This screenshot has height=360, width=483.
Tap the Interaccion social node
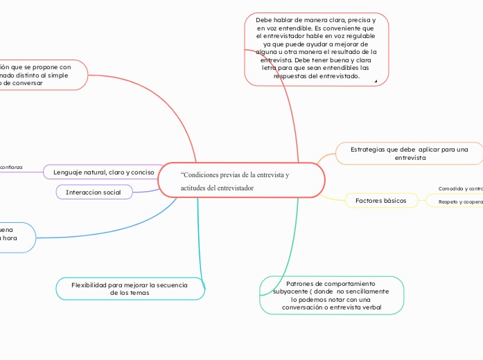[x=94, y=192]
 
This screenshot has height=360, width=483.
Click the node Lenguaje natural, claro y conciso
[x=103, y=172]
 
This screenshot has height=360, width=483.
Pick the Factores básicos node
[x=380, y=200]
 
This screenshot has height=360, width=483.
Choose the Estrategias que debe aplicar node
[x=409, y=153]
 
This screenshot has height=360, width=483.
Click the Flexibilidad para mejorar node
[x=130, y=289]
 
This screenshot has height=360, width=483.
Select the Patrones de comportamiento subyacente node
[x=331, y=296]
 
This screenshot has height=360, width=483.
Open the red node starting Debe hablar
[x=316, y=48]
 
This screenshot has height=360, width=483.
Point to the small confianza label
[x=12, y=167]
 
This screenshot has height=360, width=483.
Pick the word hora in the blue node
[x=9, y=237]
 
